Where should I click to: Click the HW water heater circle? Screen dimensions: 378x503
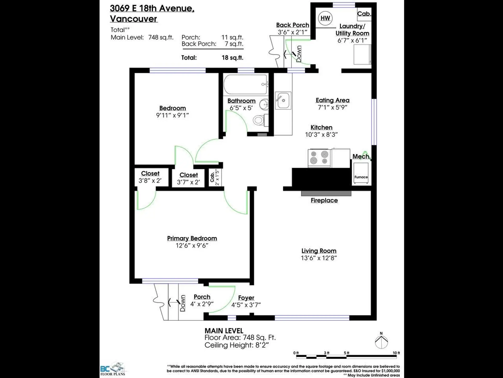pos(325,18)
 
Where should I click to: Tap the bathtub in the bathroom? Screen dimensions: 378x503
pos(245,84)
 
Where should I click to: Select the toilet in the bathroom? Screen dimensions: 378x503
pos(259,120)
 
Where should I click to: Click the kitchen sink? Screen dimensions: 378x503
pos(283,100)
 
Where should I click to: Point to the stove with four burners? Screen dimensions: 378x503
pos(319,157)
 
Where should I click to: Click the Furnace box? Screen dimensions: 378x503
pos(361,173)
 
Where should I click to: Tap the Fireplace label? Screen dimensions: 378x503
pos(324,201)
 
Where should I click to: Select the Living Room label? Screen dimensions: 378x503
pos(319,251)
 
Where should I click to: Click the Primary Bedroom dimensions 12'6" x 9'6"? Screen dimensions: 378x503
pos(192,245)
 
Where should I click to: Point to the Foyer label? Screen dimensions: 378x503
pos(246,298)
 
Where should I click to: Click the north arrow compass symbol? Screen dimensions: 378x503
pos(381,342)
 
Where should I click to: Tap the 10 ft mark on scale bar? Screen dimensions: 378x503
pos(396,353)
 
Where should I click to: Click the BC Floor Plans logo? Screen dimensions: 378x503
pos(113,370)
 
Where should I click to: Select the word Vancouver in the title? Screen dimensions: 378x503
pos(133,19)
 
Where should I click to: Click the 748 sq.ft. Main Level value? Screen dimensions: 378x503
pos(161,37)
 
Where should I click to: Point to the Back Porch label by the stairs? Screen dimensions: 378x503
pos(292,25)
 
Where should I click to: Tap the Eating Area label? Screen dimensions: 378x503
pos(332,100)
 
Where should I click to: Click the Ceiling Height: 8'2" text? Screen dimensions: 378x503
pos(237,345)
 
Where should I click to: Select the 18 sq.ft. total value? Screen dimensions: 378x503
pos(232,58)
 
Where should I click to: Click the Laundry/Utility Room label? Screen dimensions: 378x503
pos(352,30)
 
